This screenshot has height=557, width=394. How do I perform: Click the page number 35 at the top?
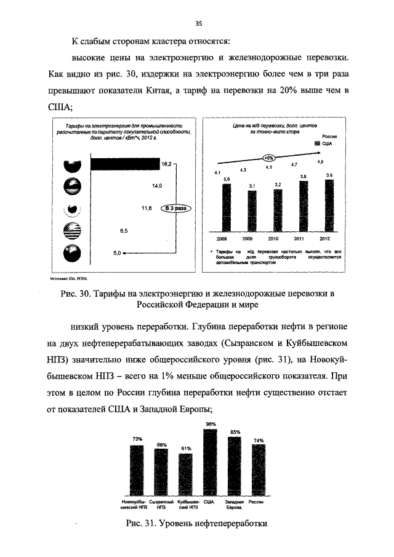pos(199,24)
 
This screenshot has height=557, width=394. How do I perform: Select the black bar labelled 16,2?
pos(125,164)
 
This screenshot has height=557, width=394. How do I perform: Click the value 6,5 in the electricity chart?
pos(123,231)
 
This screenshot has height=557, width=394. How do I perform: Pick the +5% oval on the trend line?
pos(268,158)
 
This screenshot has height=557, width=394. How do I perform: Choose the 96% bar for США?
pos(211,462)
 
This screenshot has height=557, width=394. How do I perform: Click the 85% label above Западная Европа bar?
pos(235,431)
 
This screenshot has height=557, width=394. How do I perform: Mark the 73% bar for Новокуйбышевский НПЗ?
pos(137,468)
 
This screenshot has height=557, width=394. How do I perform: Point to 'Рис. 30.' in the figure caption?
pos(78,293)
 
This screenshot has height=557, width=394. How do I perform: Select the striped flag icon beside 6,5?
pos(73,231)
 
